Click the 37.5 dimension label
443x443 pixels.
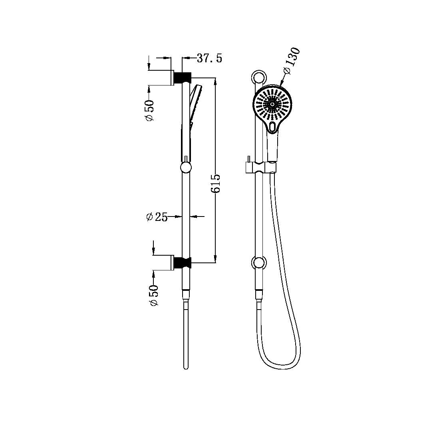pyautogui.click(x=209, y=58)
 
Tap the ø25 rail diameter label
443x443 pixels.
pyautogui.click(x=157, y=217)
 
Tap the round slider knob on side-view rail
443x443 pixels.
pyautogui.click(x=186, y=167)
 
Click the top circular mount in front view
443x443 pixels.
pyautogui.click(x=258, y=77)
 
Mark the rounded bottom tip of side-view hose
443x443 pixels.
pyautogui.click(x=186, y=367)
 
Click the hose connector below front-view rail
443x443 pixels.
pyautogui.click(x=259, y=296)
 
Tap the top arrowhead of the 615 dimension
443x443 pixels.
pyautogui.click(x=215, y=80)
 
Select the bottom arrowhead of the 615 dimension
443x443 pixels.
pyautogui.click(x=215, y=259)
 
